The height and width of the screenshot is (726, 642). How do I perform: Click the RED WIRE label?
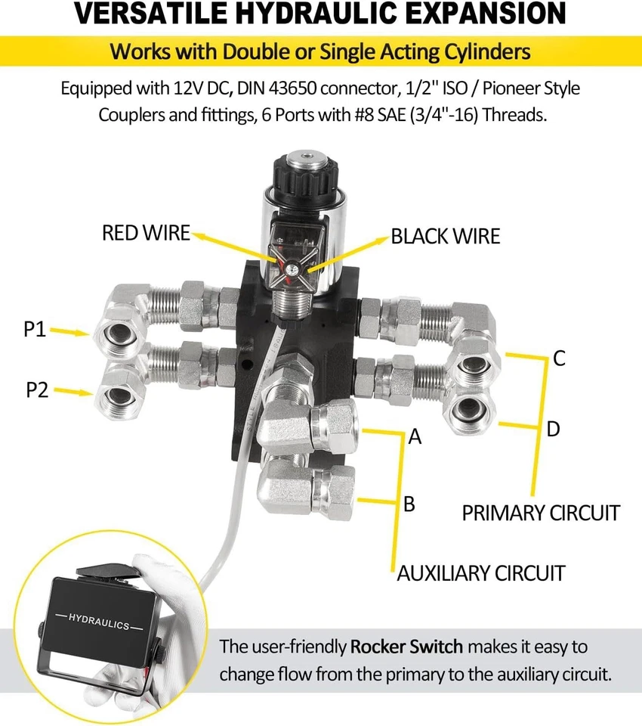coord(146,233)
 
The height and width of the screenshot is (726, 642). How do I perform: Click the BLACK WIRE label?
coord(445,236)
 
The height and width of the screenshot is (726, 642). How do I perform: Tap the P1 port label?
coord(36,329)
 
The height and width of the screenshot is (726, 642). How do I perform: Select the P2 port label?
coord(37,390)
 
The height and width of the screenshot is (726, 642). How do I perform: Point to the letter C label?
coord(559,358)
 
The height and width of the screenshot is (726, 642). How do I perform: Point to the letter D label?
coord(554,430)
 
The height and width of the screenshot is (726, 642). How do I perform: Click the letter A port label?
coord(414,436)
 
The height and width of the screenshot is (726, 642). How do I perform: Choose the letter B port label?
coord(409,504)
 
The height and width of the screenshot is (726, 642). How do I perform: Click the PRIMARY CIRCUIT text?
coord(541,513)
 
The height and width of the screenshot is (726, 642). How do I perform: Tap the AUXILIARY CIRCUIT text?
coord(481,573)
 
